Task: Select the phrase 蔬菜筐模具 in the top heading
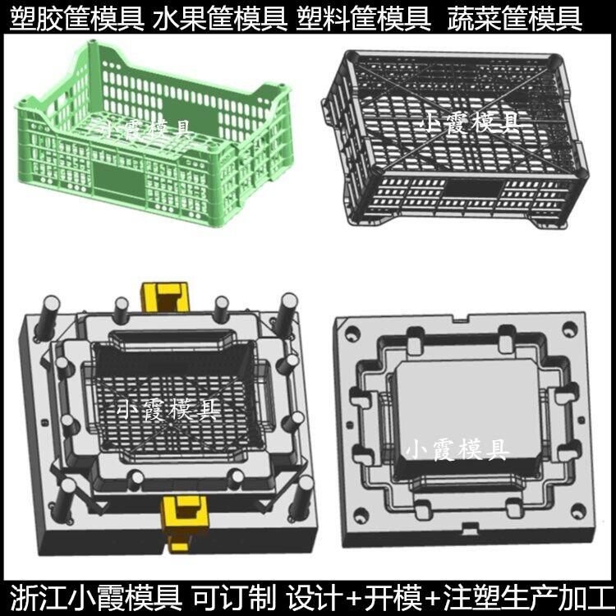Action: click(515, 16)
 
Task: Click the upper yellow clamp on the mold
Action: click(165, 296)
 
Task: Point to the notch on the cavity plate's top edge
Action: click(462, 317)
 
